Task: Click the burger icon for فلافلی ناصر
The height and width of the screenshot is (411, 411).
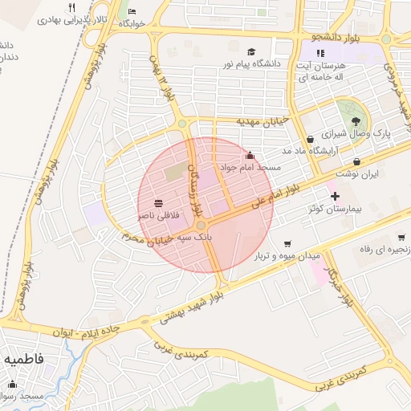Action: [x=158, y=203]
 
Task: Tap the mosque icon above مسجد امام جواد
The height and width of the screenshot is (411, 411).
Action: [x=250, y=155]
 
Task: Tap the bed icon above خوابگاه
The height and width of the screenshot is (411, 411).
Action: [x=132, y=13]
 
